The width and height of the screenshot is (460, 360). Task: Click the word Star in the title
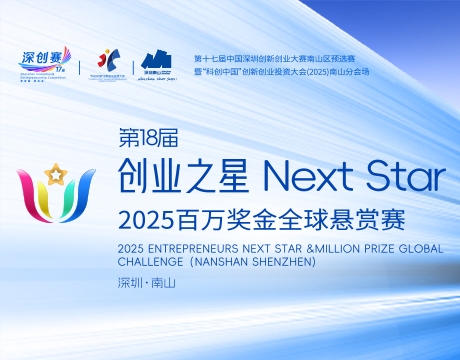point(400,178)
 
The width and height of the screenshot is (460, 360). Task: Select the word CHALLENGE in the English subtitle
point(149,262)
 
